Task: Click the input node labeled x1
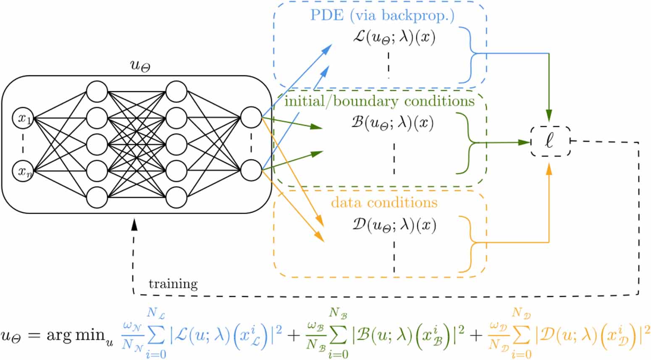pyautogui.click(x=23, y=118)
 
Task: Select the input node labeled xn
pyautogui.click(x=23, y=171)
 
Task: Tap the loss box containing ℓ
pyautogui.click(x=550, y=142)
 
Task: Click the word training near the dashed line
pyautogui.click(x=173, y=284)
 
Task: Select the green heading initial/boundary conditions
pyautogui.click(x=380, y=101)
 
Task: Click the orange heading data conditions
pyautogui.click(x=384, y=202)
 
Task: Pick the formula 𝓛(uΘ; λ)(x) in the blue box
pyautogui.click(x=394, y=38)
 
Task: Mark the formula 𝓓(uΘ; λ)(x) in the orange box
pyautogui.click(x=394, y=226)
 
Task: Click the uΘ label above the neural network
pyautogui.click(x=140, y=66)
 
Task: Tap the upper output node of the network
pyautogui.click(x=251, y=117)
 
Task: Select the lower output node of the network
pyautogui.click(x=251, y=170)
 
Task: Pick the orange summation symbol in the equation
pyautogui.click(x=521, y=335)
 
